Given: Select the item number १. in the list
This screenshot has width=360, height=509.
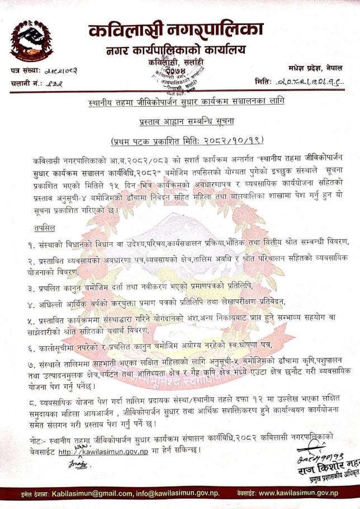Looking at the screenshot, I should [33, 242].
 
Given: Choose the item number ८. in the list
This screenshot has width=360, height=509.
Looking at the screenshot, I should [33, 403].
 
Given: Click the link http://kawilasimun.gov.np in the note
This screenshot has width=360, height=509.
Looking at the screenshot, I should [104, 450].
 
